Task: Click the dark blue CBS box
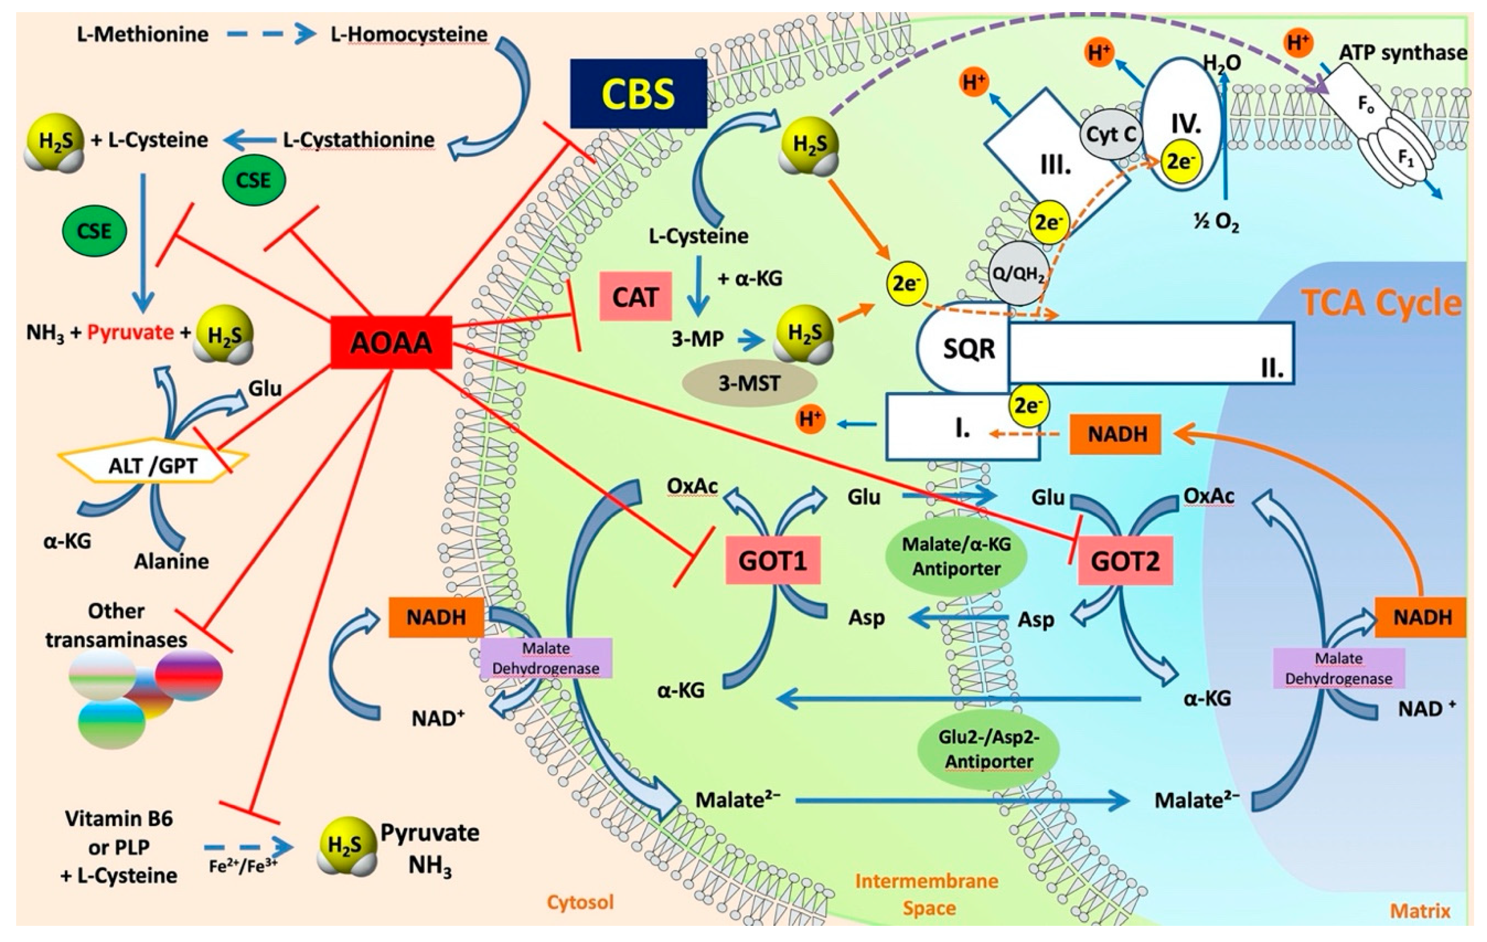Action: pyautogui.click(x=638, y=94)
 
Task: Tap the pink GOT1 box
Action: pyautogui.click(x=772, y=560)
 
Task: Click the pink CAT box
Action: pyautogui.click(x=635, y=297)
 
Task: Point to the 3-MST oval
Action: pyautogui.click(x=749, y=383)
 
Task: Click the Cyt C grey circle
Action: pyautogui.click(x=1110, y=134)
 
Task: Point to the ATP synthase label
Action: pyautogui.click(x=1403, y=53)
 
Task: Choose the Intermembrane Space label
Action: pyautogui.click(x=926, y=894)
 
